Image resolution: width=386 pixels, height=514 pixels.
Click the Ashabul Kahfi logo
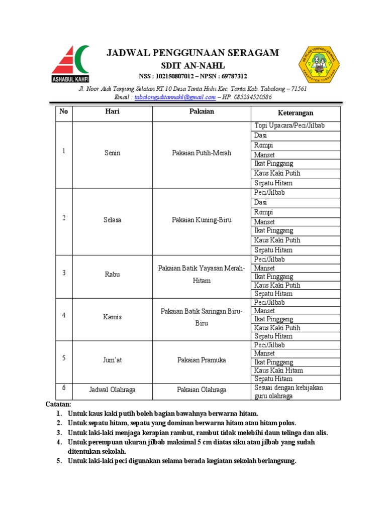[x=70, y=66]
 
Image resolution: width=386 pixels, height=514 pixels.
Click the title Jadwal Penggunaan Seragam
[x=193, y=54]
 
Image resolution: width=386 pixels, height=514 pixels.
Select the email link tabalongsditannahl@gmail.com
[x=175, y=97]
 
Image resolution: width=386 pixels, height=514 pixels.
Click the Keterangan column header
[x=296, y=113]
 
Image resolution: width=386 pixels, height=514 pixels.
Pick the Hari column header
[x=113, y=112]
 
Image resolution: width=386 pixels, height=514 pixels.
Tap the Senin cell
[x=113, y=153]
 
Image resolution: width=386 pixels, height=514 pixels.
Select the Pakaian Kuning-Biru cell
[x=202, y=220]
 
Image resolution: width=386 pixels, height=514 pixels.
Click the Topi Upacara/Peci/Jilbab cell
[x=289, y=125]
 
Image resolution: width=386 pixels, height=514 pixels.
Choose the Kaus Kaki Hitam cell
[x=278, y=370]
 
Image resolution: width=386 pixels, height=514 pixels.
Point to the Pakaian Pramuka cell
[x=202, y=360]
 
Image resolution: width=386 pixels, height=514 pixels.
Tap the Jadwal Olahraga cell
[x=113, y=390]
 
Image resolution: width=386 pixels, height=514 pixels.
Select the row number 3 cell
[x=64, y=273]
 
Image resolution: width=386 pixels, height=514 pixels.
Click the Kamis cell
[x=113, y=317]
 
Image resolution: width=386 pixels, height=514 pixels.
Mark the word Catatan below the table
[x=59, y=404]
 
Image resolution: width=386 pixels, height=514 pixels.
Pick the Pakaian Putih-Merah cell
[x=202, y=153]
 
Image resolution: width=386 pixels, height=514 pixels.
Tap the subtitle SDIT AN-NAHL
[x=193, y=66]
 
